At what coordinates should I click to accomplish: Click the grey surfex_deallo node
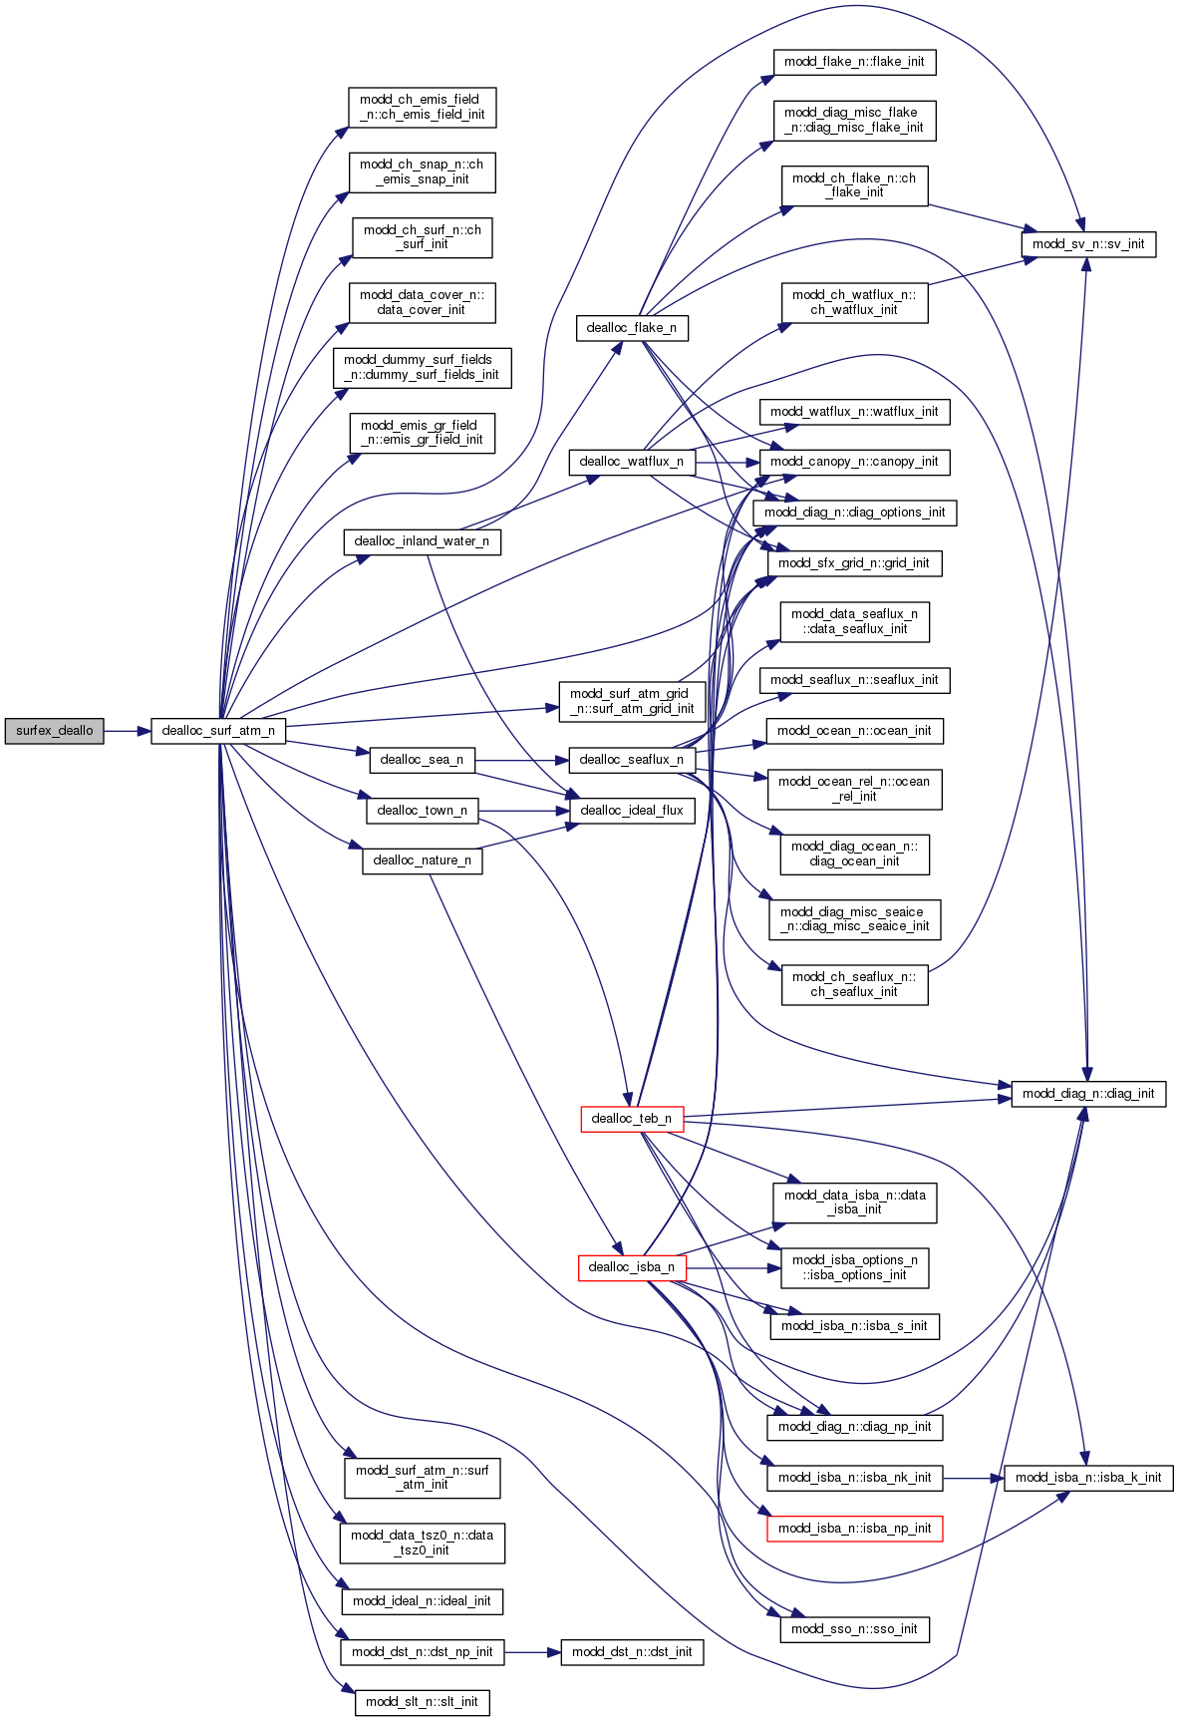point(54,731)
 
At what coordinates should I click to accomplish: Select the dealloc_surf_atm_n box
point(218,731)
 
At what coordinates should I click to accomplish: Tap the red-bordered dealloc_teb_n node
point(632,1119)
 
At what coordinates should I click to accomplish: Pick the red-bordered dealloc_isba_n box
point(632,1267)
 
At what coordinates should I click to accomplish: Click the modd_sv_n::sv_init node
point(1088,244)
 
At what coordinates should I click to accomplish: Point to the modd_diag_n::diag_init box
point(1088,1094)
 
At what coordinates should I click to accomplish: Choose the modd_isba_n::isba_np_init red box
point(854,1529)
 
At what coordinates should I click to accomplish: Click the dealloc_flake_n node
point(632,328)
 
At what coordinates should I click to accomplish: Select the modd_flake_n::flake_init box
point(854,62)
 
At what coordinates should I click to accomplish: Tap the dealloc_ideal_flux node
point(632,811)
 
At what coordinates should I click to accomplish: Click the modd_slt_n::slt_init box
point(422,1702)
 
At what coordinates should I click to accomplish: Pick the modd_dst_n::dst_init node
point(632,1652)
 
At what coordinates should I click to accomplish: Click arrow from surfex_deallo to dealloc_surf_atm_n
point(127,731)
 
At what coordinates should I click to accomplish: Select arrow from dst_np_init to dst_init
point(532,1652)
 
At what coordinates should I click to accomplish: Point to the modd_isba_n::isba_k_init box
point(1088,1478)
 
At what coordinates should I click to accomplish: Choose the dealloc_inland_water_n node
point(422,541)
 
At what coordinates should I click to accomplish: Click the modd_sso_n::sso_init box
point(854,1629)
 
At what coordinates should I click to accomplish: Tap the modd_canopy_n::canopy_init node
point(854,462)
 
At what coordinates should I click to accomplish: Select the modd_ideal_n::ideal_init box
point(422,1601)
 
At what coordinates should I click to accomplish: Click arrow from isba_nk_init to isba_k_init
point(973,1478)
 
